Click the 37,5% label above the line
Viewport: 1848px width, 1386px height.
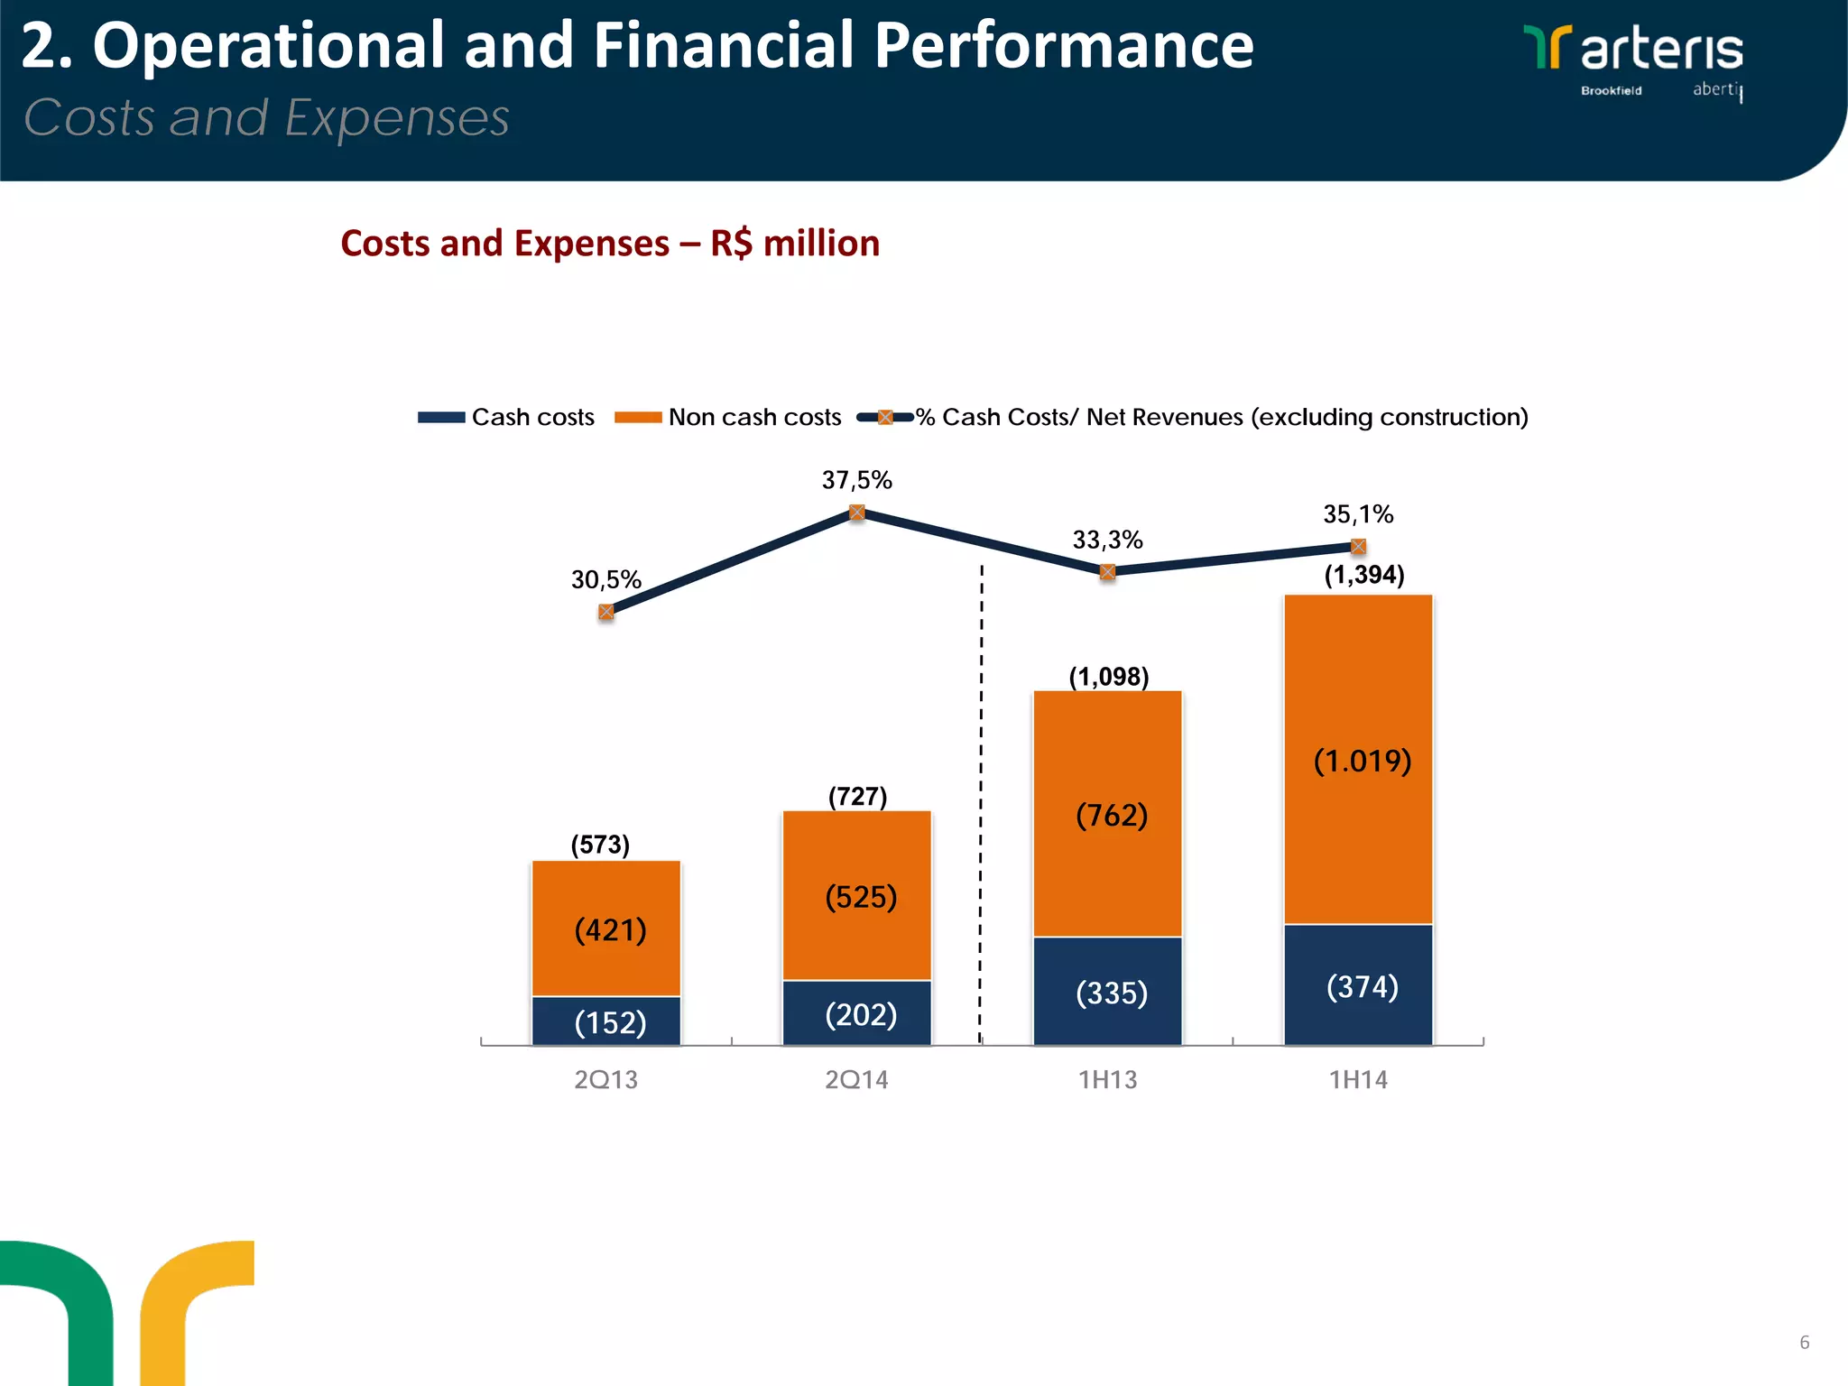856,480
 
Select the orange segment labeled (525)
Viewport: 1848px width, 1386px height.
856,895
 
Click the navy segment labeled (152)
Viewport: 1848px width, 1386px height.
606,1021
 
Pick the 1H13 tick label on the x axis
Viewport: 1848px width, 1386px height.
1107,1079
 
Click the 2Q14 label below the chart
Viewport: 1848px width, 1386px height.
856,1079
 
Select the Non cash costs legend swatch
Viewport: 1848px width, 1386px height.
637,417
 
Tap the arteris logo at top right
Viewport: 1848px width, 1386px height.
1633,50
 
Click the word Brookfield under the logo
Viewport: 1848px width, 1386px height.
1611,90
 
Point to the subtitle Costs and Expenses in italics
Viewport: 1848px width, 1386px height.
266,118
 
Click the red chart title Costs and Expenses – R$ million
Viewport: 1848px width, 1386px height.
610,244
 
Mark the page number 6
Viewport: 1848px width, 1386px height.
1804,1342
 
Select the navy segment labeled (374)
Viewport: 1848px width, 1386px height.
1358,985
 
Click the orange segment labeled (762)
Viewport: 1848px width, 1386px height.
1107,814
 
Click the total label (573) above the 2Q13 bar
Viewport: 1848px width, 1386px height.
600,845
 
